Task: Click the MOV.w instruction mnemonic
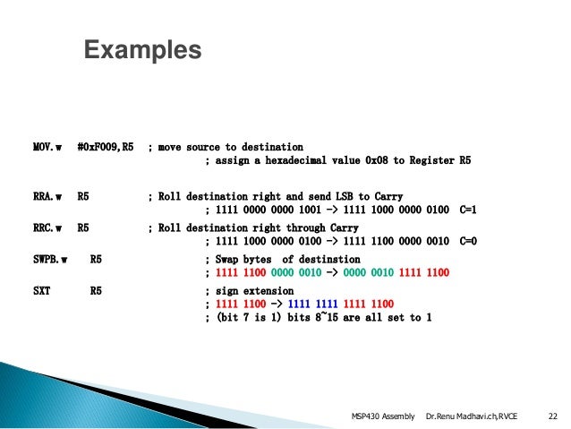click(42, 147)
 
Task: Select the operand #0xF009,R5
click(106, 147)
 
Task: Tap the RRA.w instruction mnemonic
click(42, 196)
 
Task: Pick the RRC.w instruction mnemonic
click(42, 227)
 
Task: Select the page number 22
click(552, 416)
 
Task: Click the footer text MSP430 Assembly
click(383, 416)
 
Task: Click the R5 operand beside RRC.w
click(83, 227)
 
